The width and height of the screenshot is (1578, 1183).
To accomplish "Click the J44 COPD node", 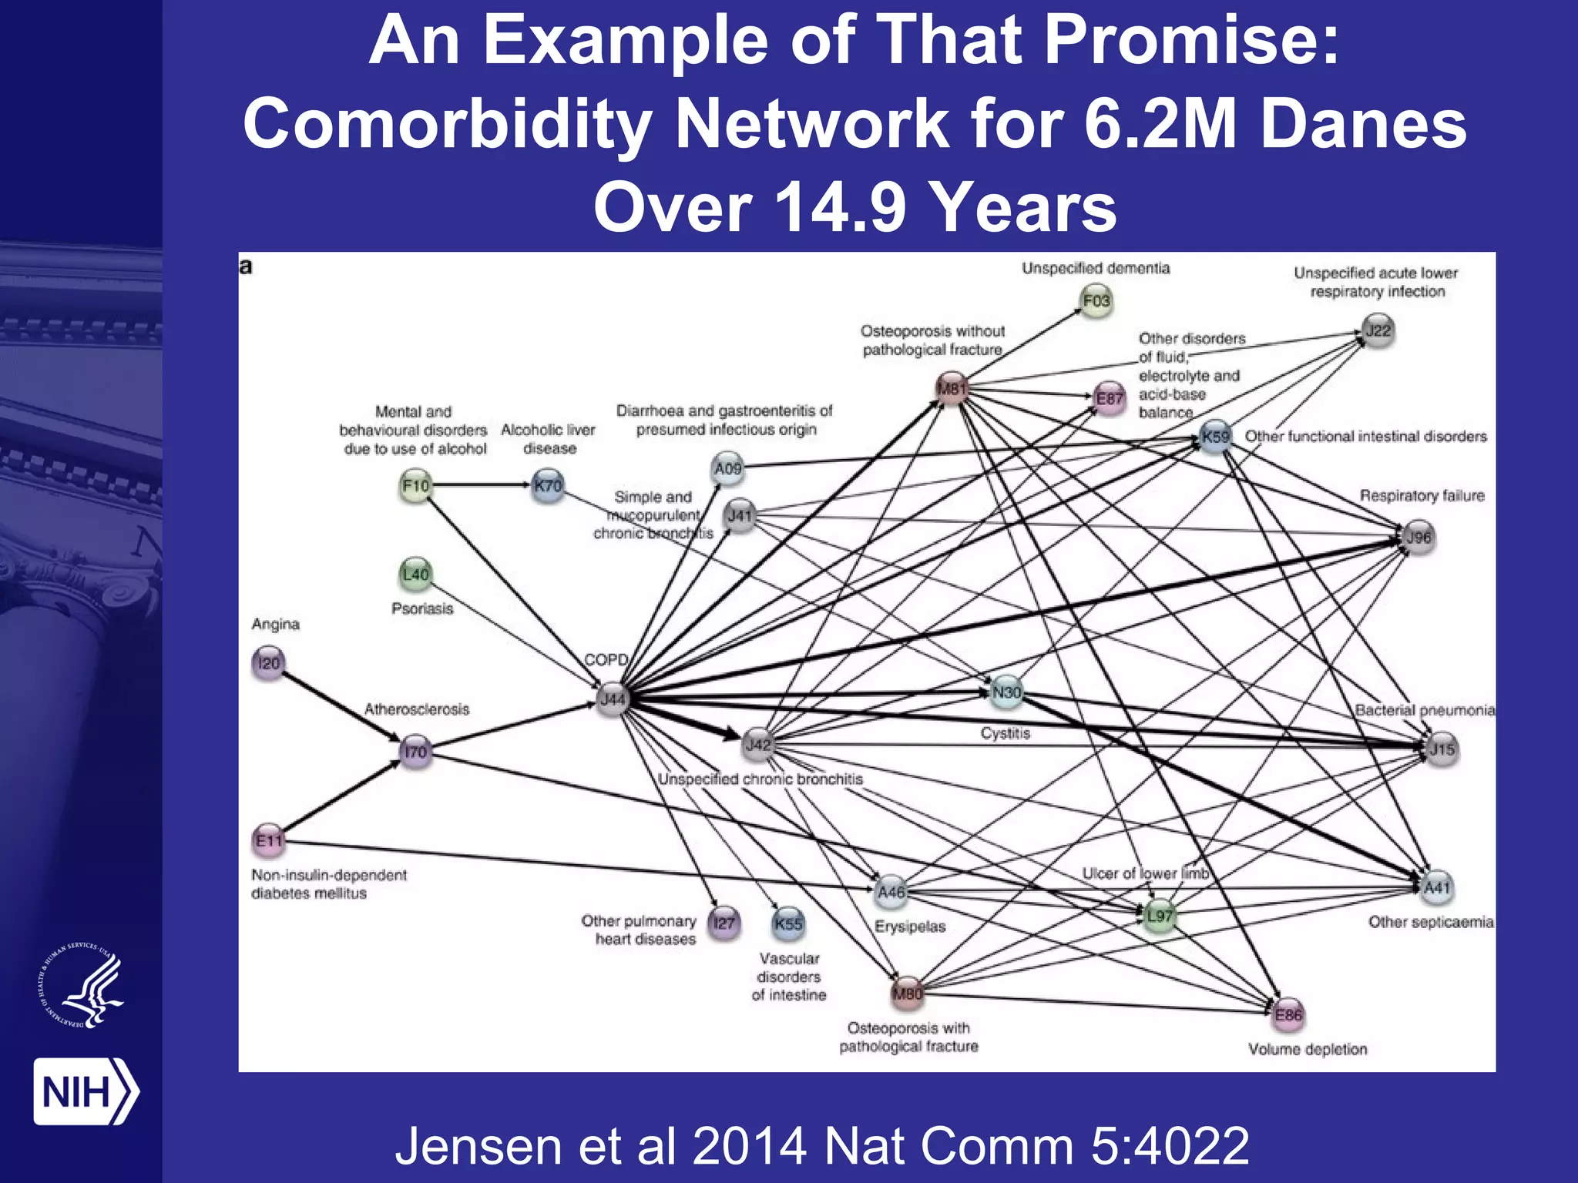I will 613,699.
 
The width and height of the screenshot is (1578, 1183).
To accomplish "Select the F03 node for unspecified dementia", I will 1096,300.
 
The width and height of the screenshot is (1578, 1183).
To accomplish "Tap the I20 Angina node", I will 268,663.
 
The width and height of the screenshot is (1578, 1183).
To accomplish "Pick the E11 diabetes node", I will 269,840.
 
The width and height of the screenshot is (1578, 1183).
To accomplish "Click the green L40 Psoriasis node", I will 416,575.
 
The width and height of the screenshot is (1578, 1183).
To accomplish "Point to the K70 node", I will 548,486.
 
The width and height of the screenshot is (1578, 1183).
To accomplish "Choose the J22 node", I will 1378,331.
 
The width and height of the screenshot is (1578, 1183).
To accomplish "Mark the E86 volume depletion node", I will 1288,1015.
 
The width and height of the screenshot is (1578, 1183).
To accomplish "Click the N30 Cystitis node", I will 1006,692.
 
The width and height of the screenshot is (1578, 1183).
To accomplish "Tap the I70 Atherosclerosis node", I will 415,752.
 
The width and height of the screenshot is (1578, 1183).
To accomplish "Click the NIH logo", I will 85,1091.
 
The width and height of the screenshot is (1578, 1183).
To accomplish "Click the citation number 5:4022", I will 1170,1146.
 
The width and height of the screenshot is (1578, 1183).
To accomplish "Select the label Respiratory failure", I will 1422,495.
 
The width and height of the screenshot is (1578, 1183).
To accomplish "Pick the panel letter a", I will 246,267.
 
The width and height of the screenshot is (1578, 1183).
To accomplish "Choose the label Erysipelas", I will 909,926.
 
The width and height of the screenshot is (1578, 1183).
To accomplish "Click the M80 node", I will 907,994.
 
